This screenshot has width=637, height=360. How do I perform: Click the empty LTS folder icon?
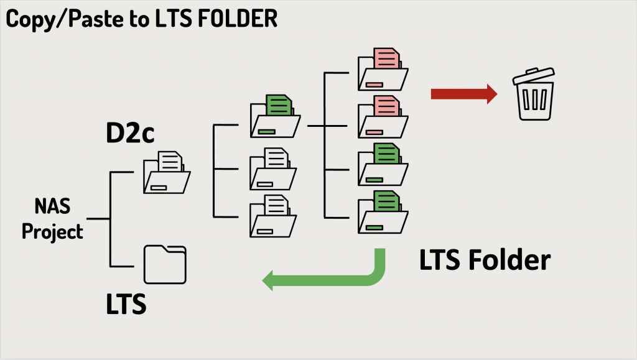165,264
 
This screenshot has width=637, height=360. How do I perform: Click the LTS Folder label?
485,260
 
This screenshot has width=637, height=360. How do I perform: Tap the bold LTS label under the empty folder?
126,304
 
